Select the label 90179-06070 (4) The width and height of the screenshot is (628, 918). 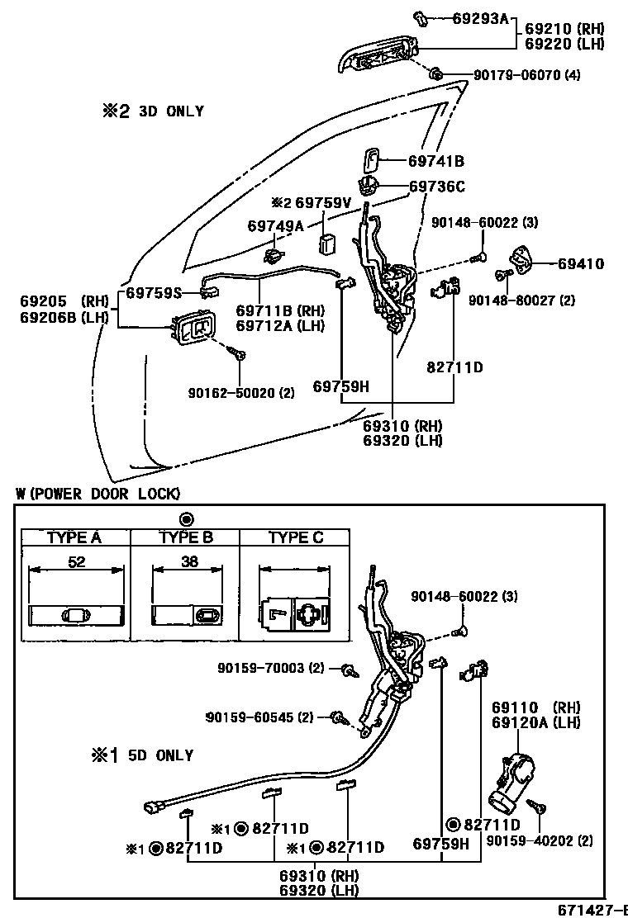(x=526, y=75)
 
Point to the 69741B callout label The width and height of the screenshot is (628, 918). (x=435, y=161)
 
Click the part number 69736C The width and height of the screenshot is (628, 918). (x=437, y=187)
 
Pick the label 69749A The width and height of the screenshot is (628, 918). (x=276, y=225)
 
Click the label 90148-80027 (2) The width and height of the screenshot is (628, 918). (x=521, y=300)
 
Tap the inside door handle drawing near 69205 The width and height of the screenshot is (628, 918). (x=195, y=329)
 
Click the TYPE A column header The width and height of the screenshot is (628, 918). (x=74, y=537)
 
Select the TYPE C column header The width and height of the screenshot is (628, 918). (x=296, y=537)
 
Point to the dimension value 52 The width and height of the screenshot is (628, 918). (x=76, y=562)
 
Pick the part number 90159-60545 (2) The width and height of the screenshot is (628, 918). (x=259, y=717)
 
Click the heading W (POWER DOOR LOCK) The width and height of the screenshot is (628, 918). (x=98, y=494)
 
